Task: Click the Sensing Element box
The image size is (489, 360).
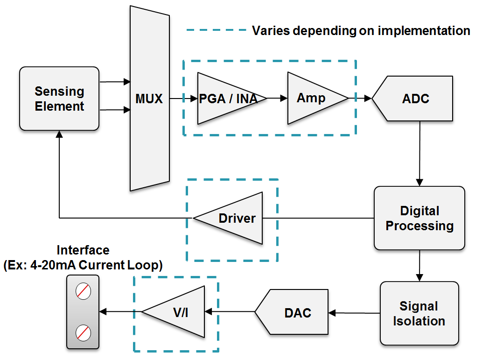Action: click(59, 99)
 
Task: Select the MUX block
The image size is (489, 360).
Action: click(149, 99)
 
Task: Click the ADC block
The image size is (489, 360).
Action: click(415, 99)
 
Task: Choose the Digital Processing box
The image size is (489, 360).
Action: click(419, 218)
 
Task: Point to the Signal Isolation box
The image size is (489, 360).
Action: click(419, 313)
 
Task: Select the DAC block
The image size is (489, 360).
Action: click(294, 312)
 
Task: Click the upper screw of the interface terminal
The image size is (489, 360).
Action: click(83, 291)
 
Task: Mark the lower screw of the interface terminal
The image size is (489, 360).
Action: click(83, 333)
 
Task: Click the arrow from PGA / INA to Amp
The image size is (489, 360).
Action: click(277, 99)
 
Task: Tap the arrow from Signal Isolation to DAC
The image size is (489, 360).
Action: click(355, 313)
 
